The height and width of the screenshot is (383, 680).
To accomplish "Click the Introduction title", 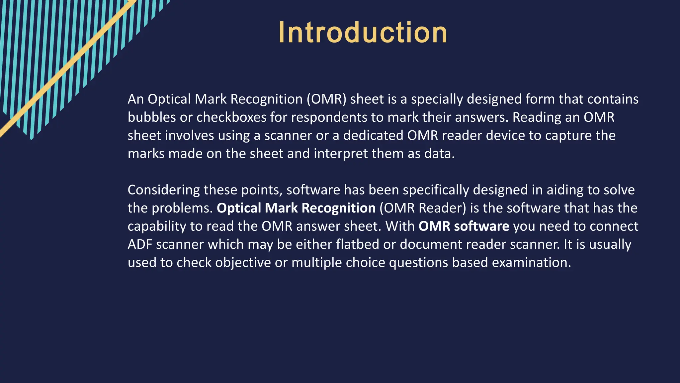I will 363,33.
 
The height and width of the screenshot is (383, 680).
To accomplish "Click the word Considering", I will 164,190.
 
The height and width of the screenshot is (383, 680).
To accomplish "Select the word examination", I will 531,263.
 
